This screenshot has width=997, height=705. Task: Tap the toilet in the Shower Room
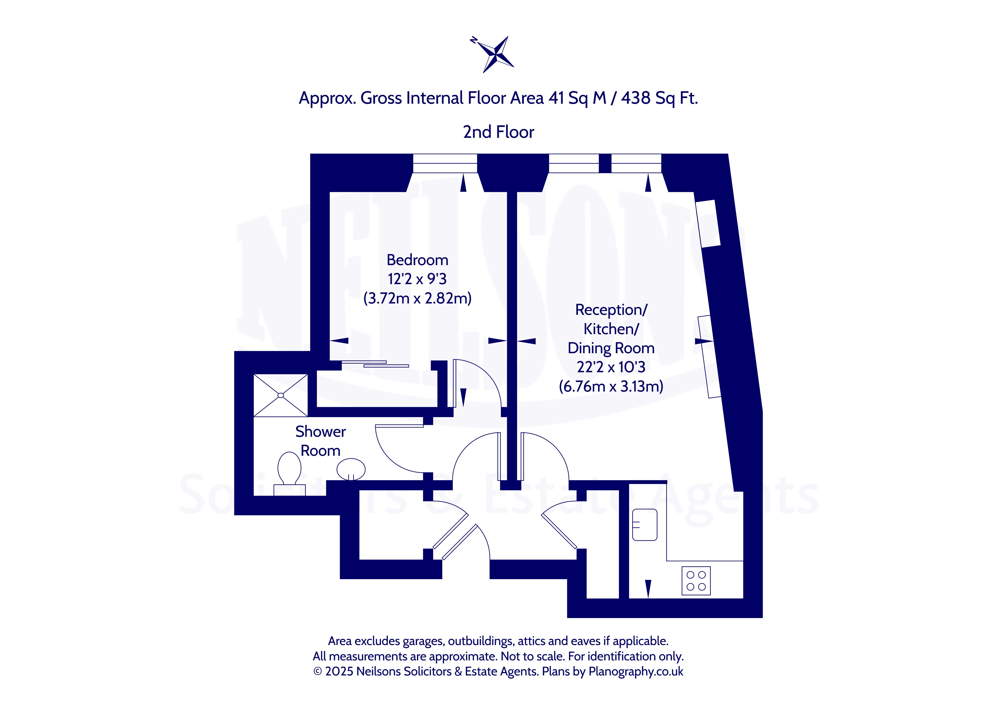(x=289, y=473)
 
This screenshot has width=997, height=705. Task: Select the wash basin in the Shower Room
(x=351, y=469)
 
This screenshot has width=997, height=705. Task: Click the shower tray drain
(x=281, y=395)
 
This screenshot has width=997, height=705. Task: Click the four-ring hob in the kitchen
(x=696, y=581)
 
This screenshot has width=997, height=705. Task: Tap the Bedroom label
(x=417, y=260)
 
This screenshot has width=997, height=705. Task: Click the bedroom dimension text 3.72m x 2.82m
(x=417, y=299)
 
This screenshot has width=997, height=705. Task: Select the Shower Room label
(x=320, y=441)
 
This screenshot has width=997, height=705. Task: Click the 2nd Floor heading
(x=499, y=132)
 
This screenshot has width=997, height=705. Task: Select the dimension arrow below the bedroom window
(x=463, y=182)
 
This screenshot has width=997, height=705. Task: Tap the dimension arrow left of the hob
(x=648, y=589)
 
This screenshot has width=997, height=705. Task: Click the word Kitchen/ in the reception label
(x=611, y=329)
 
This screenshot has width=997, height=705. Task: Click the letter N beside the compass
(x=474, y=40)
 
